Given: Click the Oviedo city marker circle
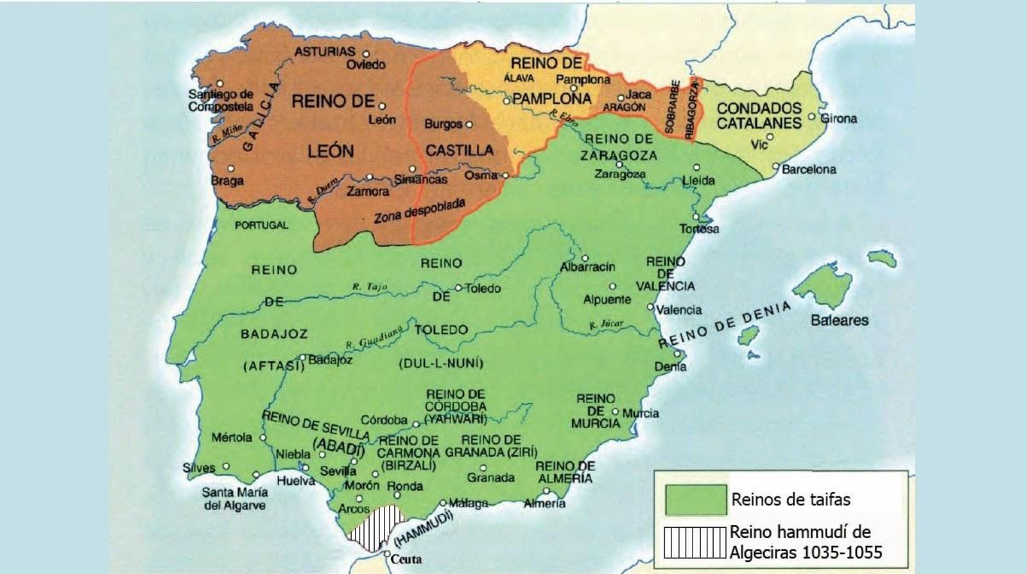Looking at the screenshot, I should pos(367,54).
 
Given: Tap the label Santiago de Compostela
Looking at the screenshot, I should pos(220,101).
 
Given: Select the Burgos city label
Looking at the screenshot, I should pos(443,124).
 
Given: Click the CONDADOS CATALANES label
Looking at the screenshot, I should pos(759,116).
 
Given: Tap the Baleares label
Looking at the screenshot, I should pos(839,320).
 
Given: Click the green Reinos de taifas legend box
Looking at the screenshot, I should pos(696,500).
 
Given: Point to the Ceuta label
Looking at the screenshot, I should pos(406,559).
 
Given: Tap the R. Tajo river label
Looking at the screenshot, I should pos(370,286).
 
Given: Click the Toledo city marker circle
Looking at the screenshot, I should pos(458,288).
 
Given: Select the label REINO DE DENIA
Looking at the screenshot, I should pos(724,324).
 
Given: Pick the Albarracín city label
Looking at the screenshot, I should pos(587,267).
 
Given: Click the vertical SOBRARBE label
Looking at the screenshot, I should pos(672,107).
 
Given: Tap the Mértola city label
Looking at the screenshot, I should pos(232,438).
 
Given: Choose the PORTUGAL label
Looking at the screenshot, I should pos(261,225).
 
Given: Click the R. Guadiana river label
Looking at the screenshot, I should pos(374,336).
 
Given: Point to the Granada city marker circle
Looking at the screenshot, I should pos(483,468).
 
